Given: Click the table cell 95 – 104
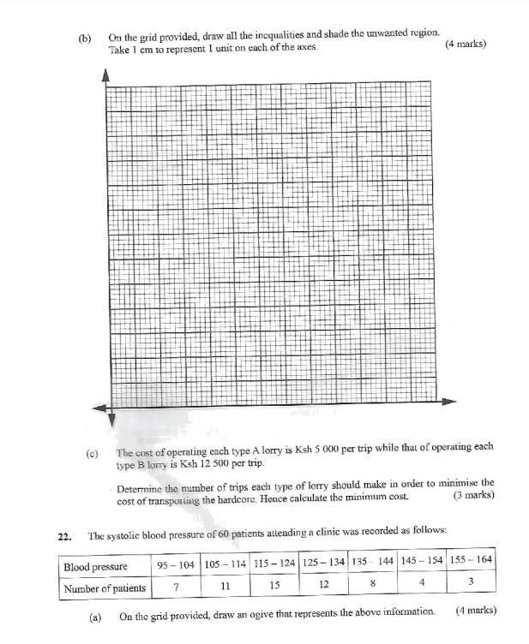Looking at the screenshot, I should click(x=175, y=566).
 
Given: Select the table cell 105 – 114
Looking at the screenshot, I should click(x=225, y=566).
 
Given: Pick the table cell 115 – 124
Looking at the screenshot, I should click(x=274, y=566).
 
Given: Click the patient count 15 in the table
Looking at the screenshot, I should click(x=274, y=587).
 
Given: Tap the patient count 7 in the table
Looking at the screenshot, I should click(x=175, y=587).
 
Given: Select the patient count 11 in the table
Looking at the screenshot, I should click(x=225, y=587).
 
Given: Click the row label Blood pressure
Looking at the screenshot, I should click(x=95, y=566).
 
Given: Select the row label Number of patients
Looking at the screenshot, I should click(x=105, y=587).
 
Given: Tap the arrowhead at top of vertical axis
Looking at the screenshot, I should click(x=107, y=75).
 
